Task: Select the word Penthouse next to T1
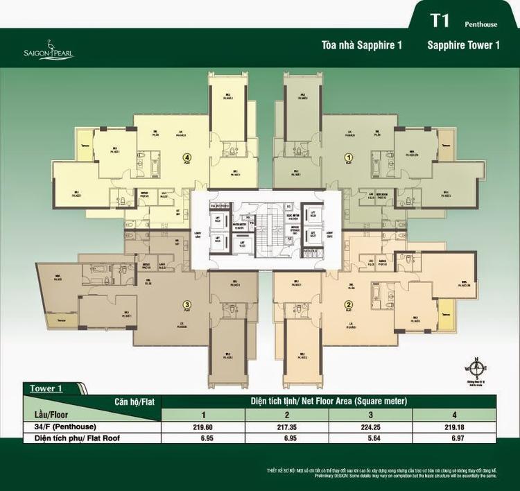481,24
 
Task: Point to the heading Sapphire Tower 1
464,46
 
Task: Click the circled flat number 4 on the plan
188,157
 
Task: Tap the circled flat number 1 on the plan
348,157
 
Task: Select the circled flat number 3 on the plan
187,303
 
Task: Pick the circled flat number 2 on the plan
349,304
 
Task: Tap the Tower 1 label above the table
46,388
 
